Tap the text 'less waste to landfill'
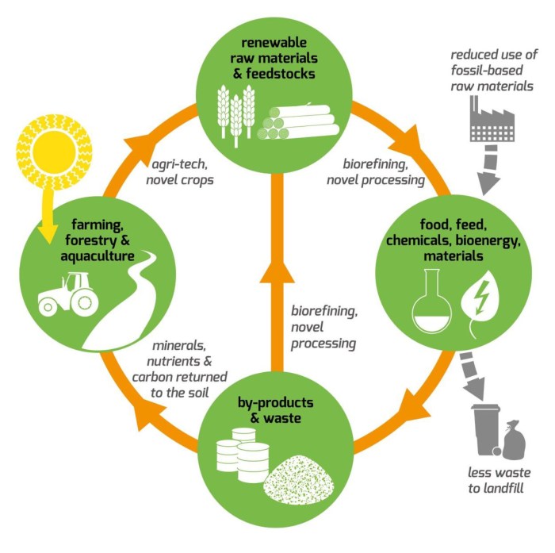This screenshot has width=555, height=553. [499, 483]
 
